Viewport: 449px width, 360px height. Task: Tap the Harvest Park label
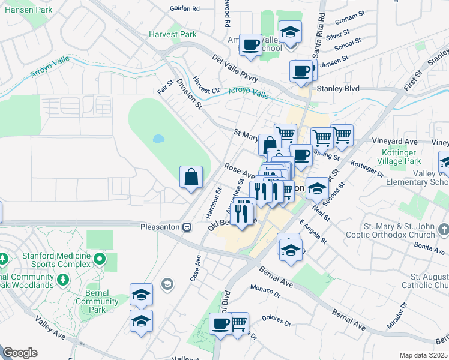pyautogui.click(x=174, y=34)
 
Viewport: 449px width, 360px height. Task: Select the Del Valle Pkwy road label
pyautogui.click(x=235, y=68)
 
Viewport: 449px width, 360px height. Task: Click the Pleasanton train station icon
pyautogui.click(x=187, y=227)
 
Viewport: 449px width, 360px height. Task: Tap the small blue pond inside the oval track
pyautogui.click(x=158, y=139)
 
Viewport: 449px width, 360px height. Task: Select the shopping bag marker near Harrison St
pyautogui.click(x=191, y=177)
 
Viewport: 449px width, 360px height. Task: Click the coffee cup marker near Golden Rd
pyautogui.click(x=250, y=44)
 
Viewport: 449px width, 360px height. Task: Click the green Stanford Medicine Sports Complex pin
pyautogui.click(x=100, y=260)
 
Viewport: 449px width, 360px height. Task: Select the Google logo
pyautogui.click(x=20, y=353)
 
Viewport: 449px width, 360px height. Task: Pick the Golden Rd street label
pyautogui.click(x=184, y=8)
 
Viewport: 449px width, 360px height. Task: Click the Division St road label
pyautogui.click(x=189, y=94)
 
